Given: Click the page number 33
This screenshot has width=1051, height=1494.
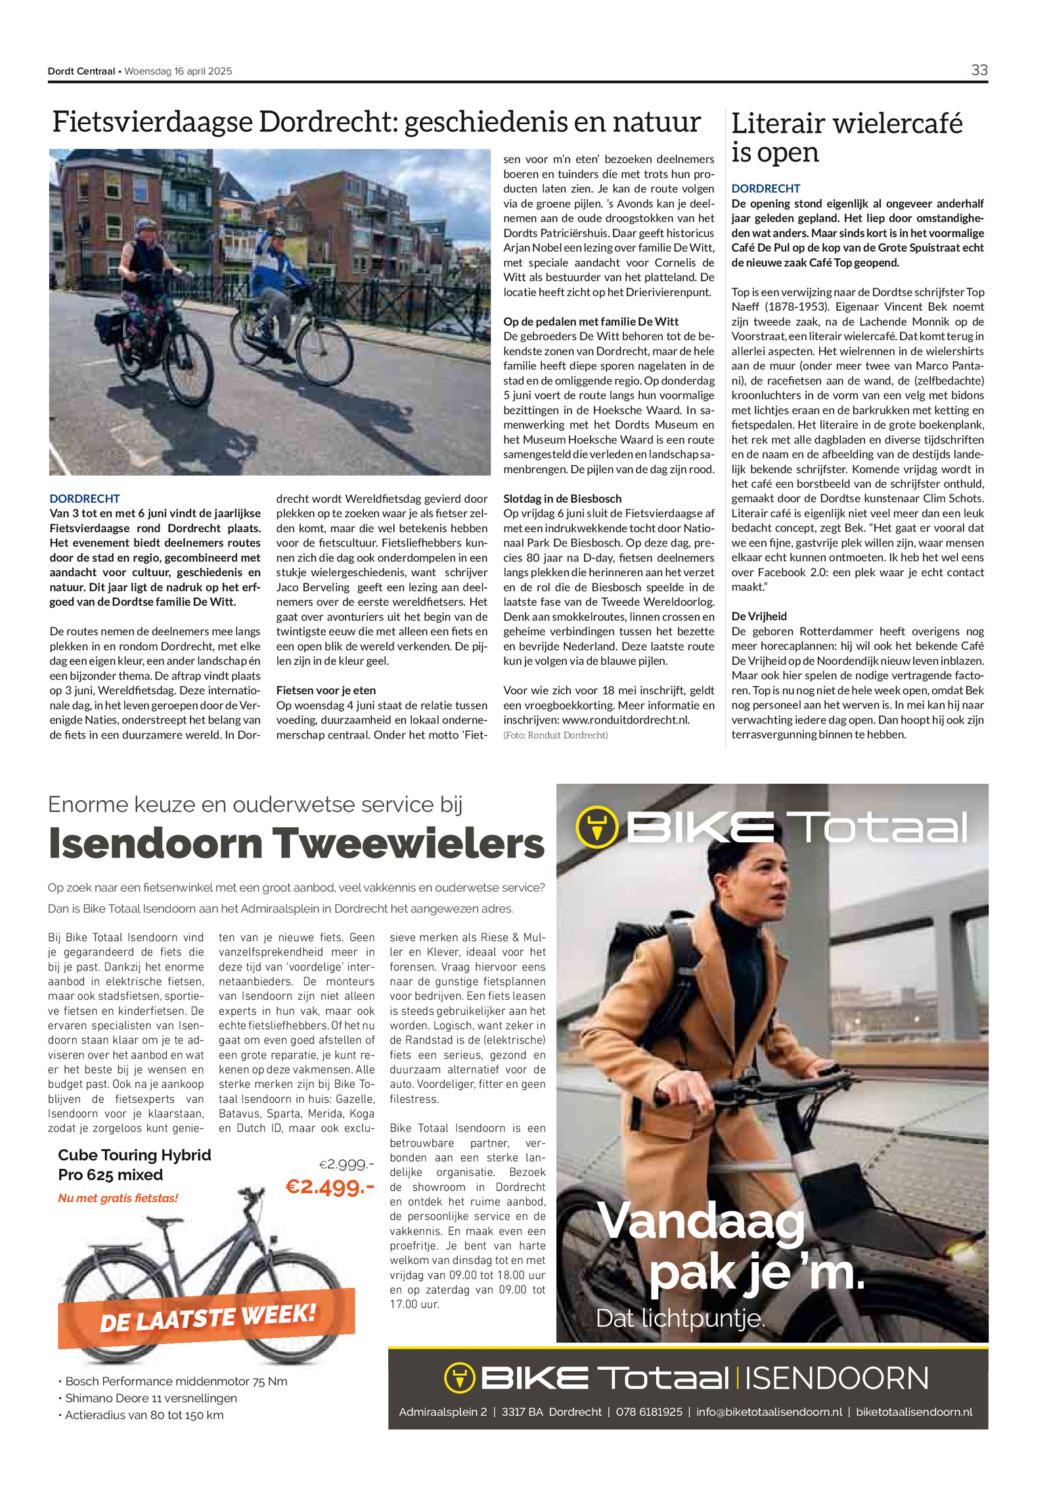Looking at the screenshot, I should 979,70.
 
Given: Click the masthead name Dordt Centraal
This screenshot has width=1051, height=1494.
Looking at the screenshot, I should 81,71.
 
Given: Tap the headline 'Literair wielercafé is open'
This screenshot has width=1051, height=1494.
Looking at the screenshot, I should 846,137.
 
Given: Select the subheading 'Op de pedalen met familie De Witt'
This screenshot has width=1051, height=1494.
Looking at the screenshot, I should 591,321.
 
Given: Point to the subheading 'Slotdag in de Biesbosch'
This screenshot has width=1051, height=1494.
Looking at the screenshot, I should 562,499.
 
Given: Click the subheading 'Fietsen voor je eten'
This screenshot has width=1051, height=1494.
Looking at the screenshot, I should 326,690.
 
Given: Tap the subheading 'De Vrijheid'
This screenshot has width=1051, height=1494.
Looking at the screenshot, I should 759,616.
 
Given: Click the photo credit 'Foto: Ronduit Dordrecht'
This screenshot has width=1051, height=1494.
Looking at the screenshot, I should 555,735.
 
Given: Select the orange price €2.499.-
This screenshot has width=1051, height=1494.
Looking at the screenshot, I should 330,1187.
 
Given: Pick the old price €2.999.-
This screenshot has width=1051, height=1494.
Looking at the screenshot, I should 346,1164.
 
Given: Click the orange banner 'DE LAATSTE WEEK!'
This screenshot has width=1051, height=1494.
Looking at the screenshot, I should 208,1317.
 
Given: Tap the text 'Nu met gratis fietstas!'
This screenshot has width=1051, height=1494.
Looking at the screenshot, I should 118,1198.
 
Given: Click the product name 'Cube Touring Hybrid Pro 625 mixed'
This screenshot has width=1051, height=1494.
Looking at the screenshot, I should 134,1164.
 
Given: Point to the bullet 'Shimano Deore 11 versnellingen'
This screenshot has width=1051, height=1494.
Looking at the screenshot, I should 150,1398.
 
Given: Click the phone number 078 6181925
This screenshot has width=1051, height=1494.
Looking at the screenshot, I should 648,1411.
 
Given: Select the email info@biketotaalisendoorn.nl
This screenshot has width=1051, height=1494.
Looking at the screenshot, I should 769,1411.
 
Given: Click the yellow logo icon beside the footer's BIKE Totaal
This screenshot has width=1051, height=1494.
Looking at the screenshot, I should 459,1378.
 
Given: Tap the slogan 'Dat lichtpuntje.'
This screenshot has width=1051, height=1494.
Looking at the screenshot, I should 681,1318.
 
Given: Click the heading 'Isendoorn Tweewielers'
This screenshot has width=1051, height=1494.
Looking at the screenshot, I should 296,844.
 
